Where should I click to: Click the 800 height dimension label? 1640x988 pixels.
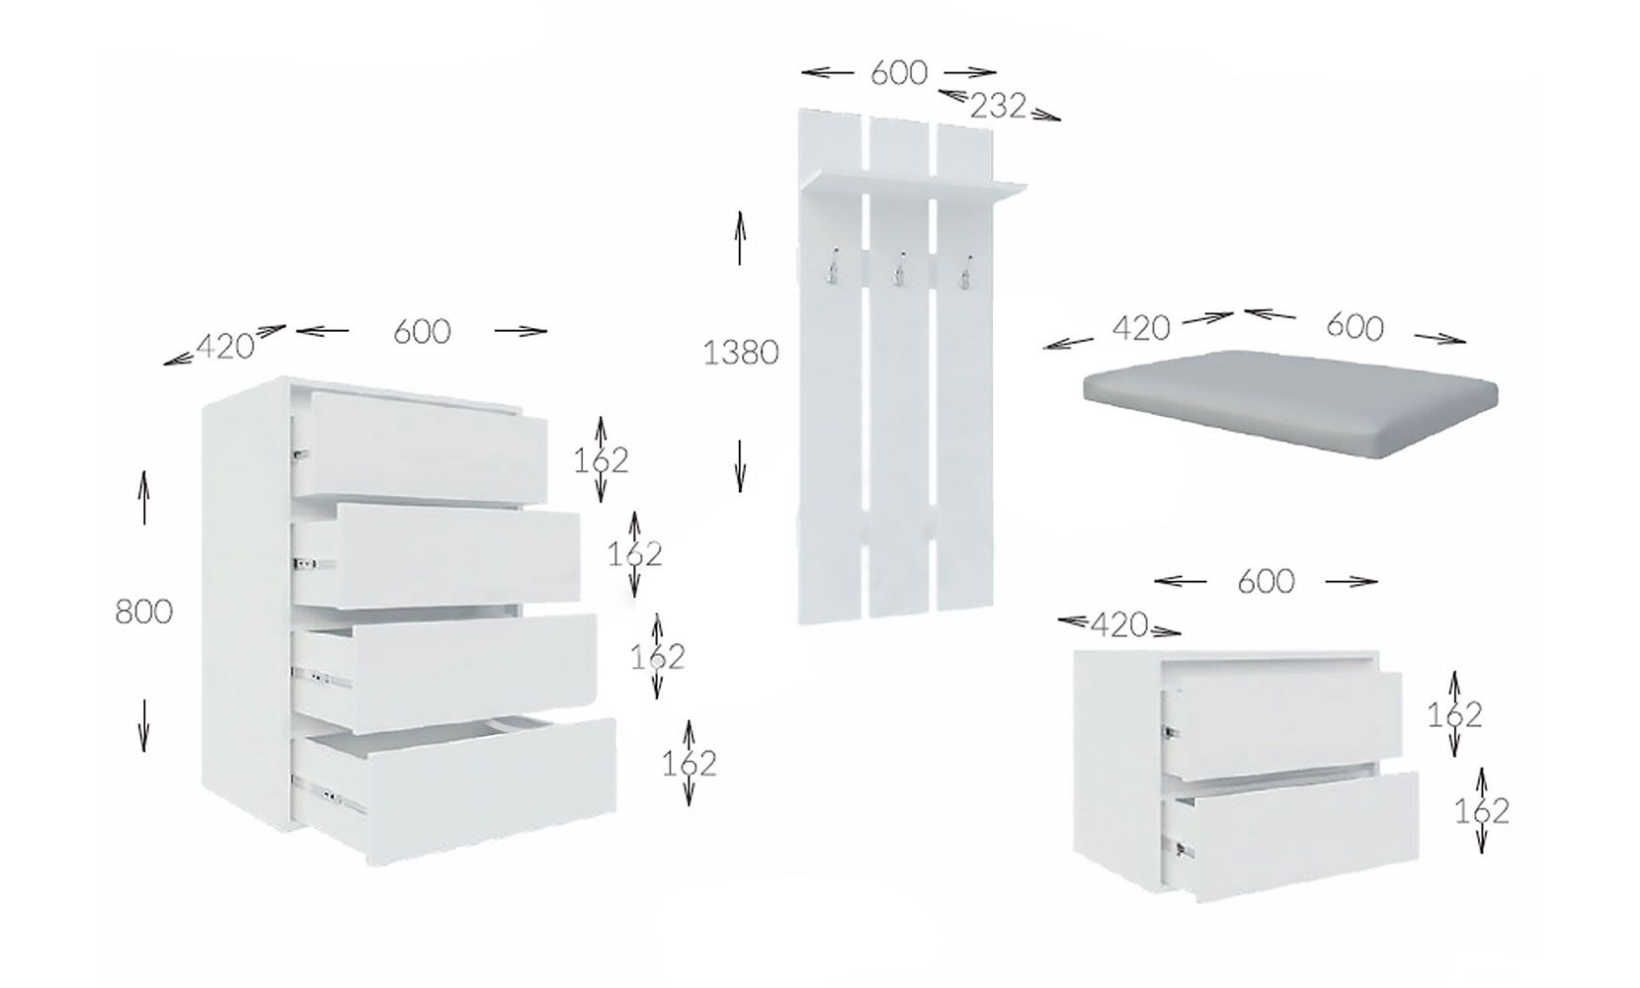tap(144, 612)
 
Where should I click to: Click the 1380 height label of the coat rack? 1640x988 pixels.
tap(740, 353)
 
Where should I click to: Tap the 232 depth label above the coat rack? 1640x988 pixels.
tap(998, 107)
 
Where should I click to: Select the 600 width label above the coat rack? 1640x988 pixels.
tap(899, 72)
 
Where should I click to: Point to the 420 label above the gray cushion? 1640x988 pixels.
tap(1141, 328)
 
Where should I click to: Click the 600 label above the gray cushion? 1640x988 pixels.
tap(1354, 327)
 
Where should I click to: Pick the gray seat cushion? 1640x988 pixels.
tap(1291, 403)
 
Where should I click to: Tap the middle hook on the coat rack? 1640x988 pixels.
tap(898, 269)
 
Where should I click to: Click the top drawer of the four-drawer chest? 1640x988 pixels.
tap(420, 447)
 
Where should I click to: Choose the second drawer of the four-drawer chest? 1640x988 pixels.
tap(437, 555)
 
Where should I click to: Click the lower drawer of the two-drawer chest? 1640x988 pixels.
tap(1291, 834)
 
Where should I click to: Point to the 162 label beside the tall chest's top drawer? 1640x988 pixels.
tap(601, 460)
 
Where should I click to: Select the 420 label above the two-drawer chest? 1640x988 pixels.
tap(1119, 624)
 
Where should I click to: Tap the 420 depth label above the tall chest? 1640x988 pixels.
tap(225, 347)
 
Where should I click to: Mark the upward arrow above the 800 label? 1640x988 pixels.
tap(143, 497)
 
